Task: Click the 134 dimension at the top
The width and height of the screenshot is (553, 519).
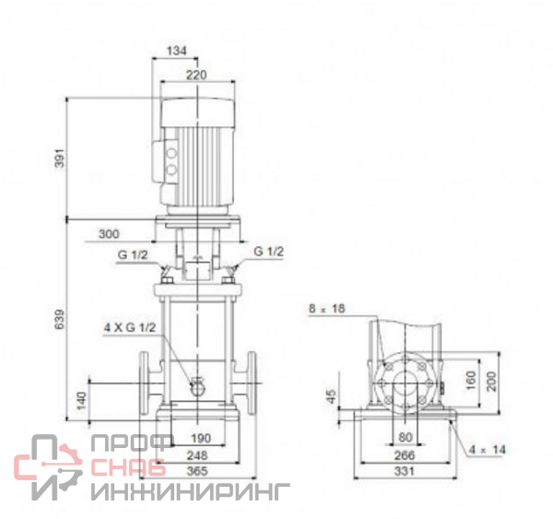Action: click(x=176, y=51)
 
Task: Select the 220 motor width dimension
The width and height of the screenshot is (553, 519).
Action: click(x=196, y=76)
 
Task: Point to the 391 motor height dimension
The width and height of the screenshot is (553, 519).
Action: click(x=60, y=158)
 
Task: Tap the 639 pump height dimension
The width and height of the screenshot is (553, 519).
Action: click(x=60, y=319)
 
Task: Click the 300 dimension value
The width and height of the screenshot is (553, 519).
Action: click(x=109, y=234)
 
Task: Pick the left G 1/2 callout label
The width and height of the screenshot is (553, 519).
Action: click(x=132, y=254)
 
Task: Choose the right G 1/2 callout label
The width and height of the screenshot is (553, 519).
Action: click(x=268, y=252)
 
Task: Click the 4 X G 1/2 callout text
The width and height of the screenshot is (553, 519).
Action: click(x=130, y=327)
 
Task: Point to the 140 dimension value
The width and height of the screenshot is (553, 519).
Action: click(x=81, y=400)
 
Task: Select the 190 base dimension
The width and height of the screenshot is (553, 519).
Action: click(x=201, y=438)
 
